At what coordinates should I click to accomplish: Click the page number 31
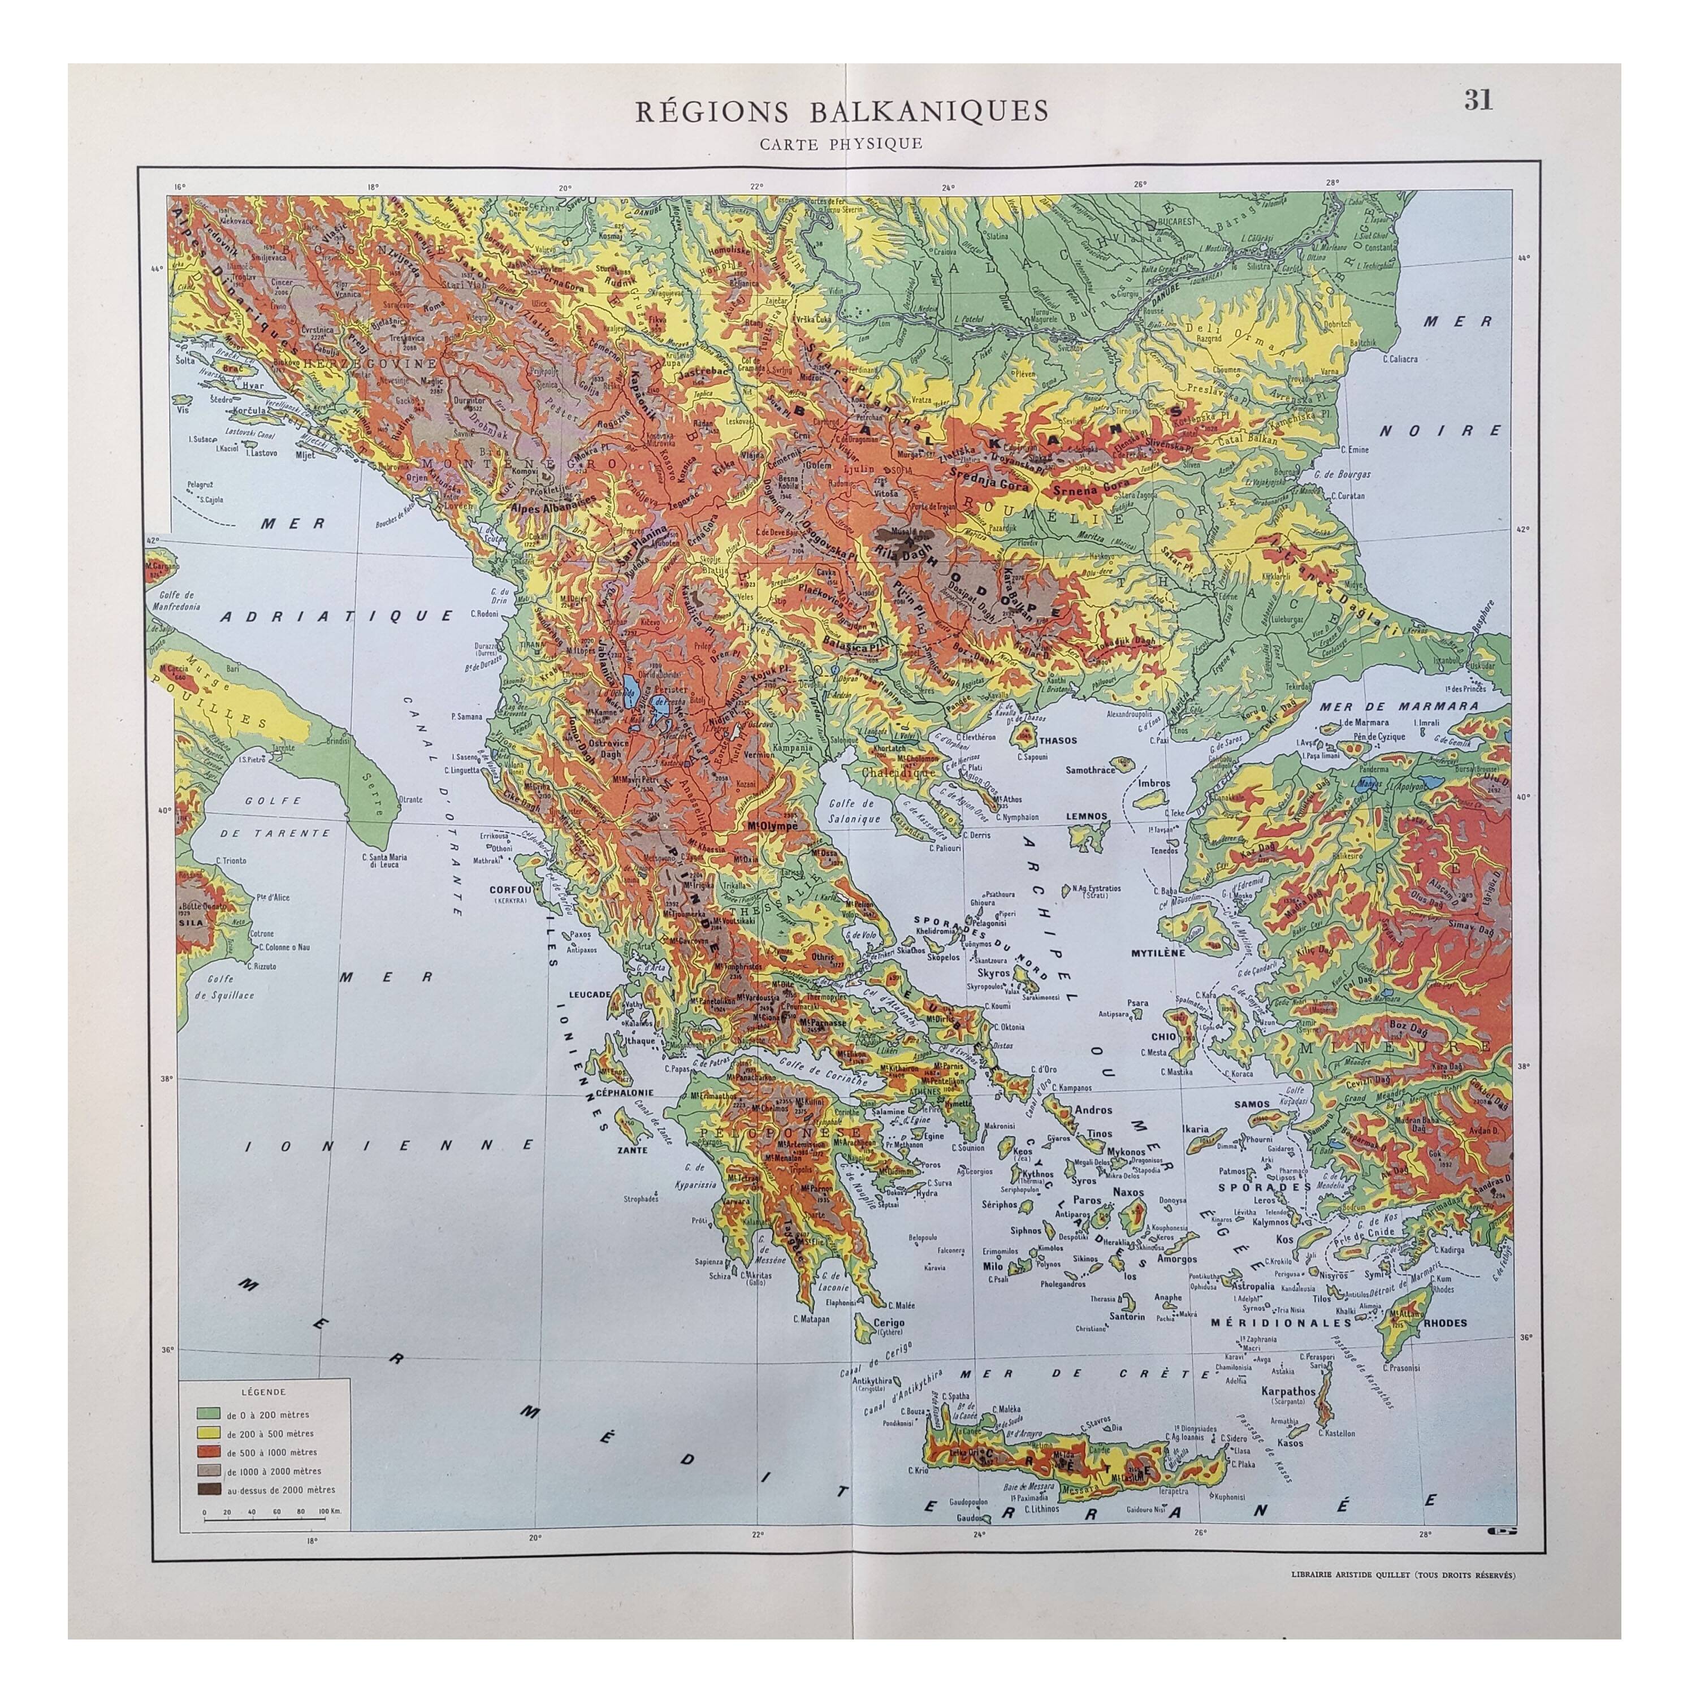pos(1477,101)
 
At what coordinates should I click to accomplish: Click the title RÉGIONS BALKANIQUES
pos(841,111)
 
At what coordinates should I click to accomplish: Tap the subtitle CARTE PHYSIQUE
pos(841,143)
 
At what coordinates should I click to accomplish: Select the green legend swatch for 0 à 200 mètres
pos(208,1414)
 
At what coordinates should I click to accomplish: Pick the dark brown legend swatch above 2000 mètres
pos(208,1489)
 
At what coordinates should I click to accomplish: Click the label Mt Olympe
pos(772,826)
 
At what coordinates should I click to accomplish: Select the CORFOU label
pos(507,888)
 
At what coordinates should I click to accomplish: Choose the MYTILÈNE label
pos(1158,951)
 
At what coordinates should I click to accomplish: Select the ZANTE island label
pos(632,1149)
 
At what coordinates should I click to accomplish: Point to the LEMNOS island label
pos(1087,816)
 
